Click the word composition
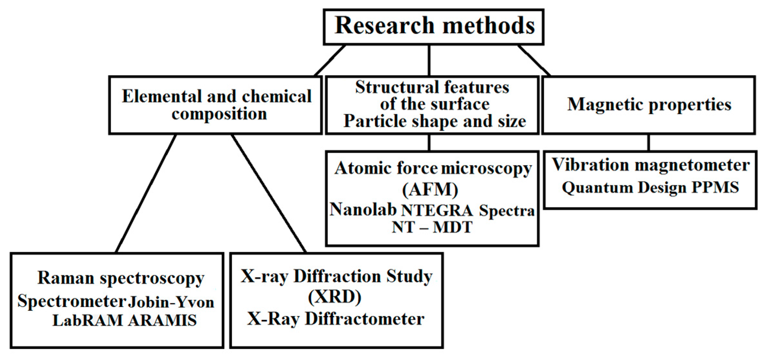[x=219, y=114]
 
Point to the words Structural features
[x=432, y=87]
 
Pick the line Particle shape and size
[x=435, y=121]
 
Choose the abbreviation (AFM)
[x=430, y=190]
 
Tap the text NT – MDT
[x=432, y=227]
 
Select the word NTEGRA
[x=437, y=211]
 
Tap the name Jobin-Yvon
[x=171, y=302]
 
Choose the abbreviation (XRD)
[x=335, y=297]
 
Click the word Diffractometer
[x=365, y=319]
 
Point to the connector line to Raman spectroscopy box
[x=146, y=193]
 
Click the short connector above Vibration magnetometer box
[x=649, y=143]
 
